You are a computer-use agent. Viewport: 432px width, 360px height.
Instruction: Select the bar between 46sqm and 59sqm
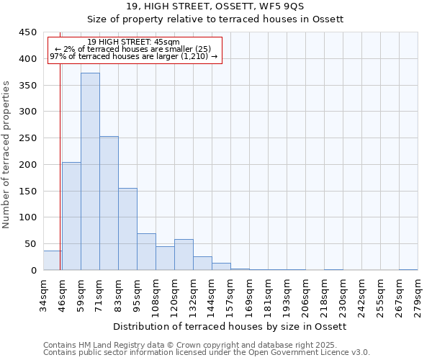(x=71, y=216)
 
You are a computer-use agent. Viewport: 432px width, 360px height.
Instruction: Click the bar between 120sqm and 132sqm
(x=184, y=255)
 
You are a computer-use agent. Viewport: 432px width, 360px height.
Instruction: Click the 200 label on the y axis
(x=28, y=165)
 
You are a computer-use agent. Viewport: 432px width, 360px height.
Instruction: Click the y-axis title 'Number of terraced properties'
(x=7, y=155)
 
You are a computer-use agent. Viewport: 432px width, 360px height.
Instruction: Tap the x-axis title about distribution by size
(x=230, y=327)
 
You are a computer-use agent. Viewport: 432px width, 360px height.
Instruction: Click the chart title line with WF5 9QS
(x=215, y=6)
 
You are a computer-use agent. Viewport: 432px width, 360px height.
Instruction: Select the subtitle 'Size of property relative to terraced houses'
(x=215, y=19)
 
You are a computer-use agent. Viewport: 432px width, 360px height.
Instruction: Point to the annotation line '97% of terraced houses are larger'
(x=133, y=57)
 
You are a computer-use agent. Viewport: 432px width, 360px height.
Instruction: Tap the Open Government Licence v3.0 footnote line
(x=207, y=353)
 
